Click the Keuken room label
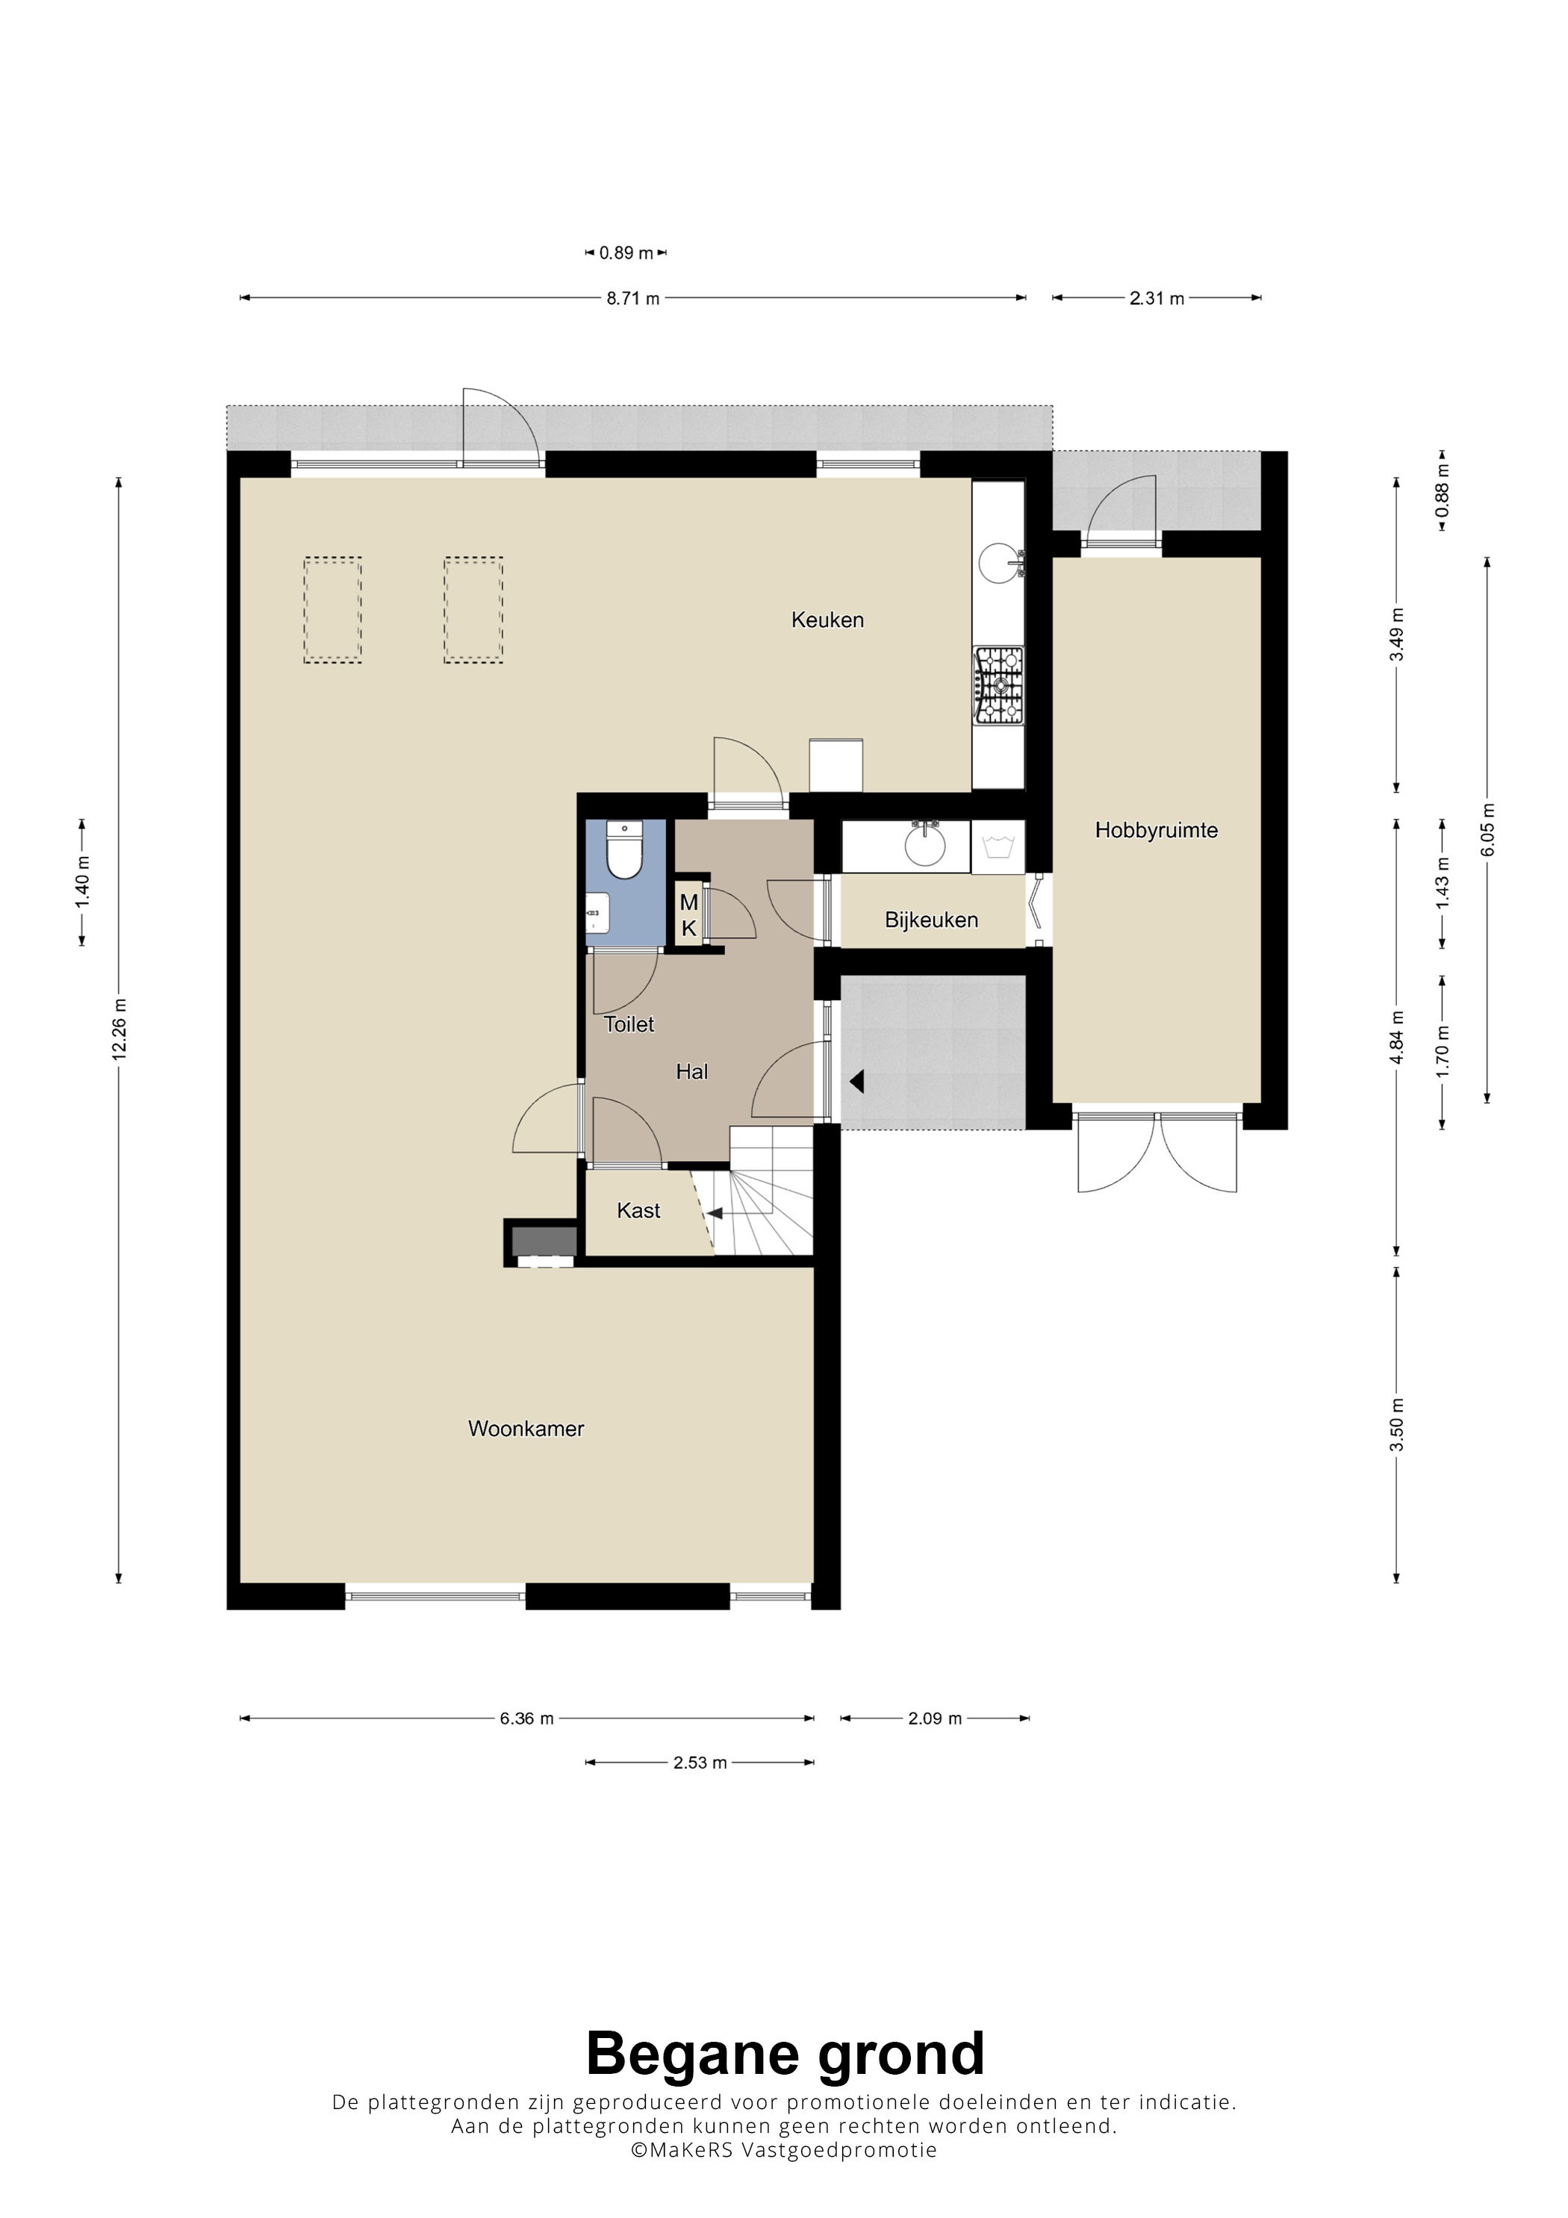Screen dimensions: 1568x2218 (x=827, y=620)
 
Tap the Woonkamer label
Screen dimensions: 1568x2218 (x=526, y=1429)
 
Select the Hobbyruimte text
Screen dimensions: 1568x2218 (x=1157, y=830)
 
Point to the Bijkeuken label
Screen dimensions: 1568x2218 (x=931, y=920)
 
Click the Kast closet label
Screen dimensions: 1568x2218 (x=638, y=1210)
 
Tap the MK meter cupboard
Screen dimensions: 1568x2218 (x=689, y=915)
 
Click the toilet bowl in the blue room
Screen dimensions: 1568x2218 (x=624, y=850)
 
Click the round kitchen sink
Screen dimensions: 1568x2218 (x=999, y=562)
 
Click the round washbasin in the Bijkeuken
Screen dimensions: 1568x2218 (x=926, y=845)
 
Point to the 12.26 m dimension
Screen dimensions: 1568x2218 (x=119, y=1029)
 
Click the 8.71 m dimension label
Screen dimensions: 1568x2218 (x=633, y=299)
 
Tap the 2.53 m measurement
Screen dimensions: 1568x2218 (x=700, y=1762)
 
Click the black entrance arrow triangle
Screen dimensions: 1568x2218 (x=856, y=1081)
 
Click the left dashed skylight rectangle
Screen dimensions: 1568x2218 (x=332, y=610)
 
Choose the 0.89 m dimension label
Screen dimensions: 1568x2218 (x=626, y=253)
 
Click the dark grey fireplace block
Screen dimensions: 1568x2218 (x=544, y=1240)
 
